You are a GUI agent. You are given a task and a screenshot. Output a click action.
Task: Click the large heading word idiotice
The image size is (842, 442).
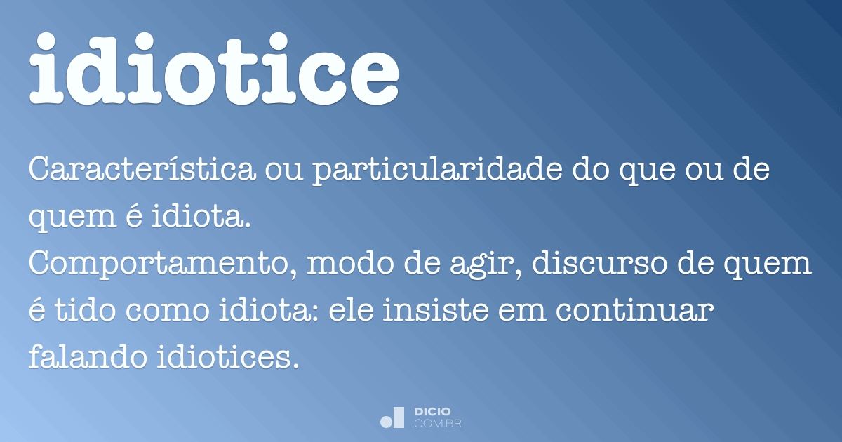coord(214,68)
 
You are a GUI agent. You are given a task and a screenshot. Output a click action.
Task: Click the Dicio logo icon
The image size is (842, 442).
coord(393,417)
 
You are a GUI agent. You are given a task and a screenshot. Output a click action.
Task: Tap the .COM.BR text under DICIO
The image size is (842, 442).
coord(437,423)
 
